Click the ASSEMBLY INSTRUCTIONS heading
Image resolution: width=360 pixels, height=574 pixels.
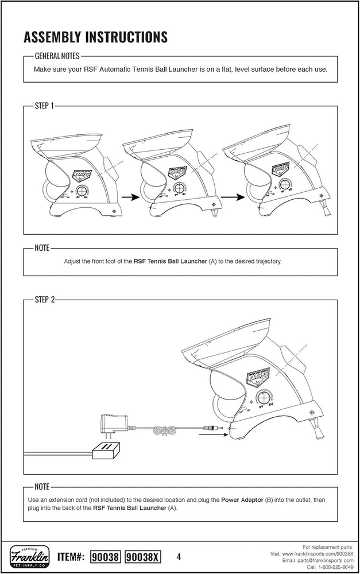click(95, 37)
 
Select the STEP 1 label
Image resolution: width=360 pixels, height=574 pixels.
click(44, 106)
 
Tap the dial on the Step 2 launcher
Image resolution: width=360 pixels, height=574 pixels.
click(266, 397)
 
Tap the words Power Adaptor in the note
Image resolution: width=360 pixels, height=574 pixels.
click(241, 500)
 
